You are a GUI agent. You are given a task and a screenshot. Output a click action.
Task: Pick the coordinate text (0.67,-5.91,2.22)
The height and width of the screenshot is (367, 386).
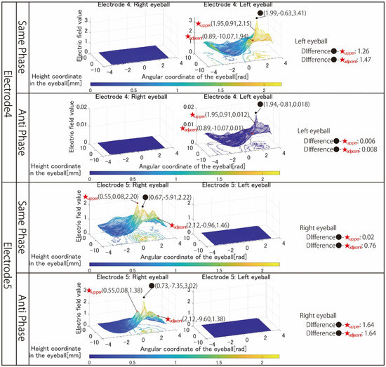[170, 198]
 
